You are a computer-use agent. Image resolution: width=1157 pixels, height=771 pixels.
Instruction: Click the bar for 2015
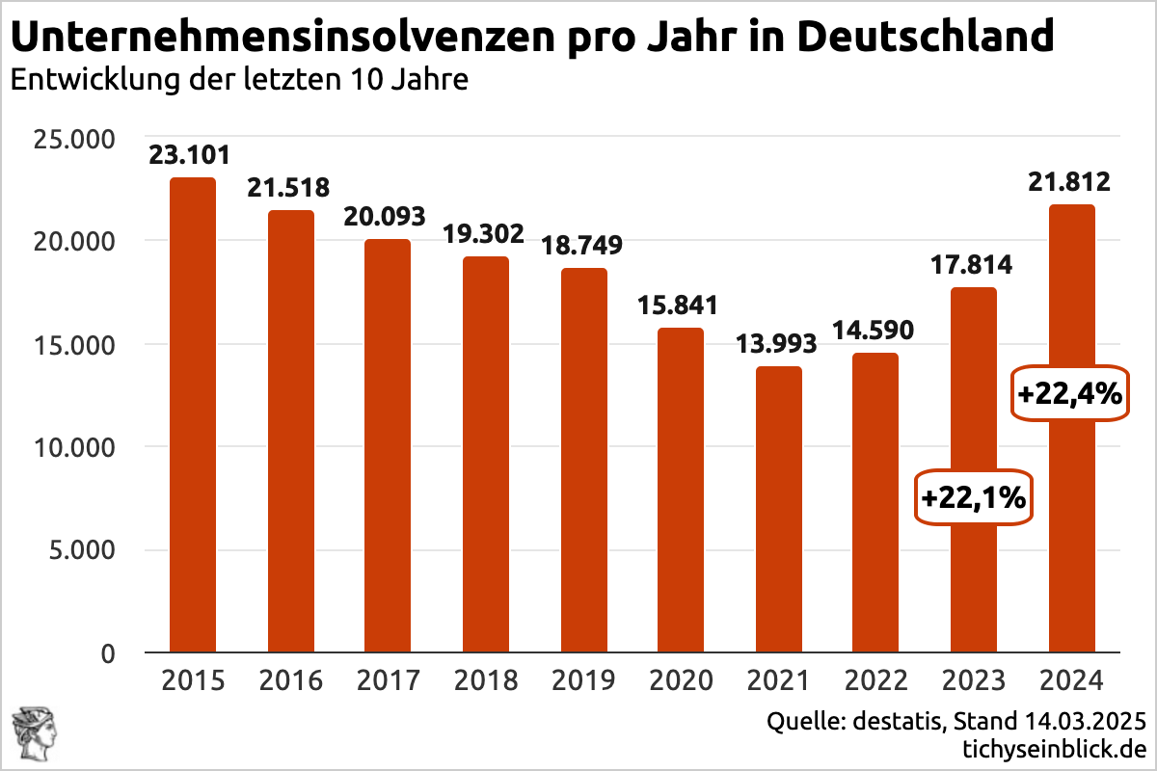(193, 414)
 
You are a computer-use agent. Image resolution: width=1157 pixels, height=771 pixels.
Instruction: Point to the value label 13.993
(776, 343)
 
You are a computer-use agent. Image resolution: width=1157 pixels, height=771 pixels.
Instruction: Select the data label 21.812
(1070, 181)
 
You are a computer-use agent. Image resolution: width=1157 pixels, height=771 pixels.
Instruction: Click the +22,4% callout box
(1069, 392)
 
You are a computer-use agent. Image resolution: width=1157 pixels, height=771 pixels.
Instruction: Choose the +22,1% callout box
(973, 498)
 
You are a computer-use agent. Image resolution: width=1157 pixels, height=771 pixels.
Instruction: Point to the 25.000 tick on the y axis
(74, 140)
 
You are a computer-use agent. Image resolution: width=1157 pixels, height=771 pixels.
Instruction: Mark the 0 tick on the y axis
(108, 653)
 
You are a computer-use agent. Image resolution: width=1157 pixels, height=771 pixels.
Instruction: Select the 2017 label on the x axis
(388, 680)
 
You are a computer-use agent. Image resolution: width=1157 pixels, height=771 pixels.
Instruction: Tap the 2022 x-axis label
(876, 680)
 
